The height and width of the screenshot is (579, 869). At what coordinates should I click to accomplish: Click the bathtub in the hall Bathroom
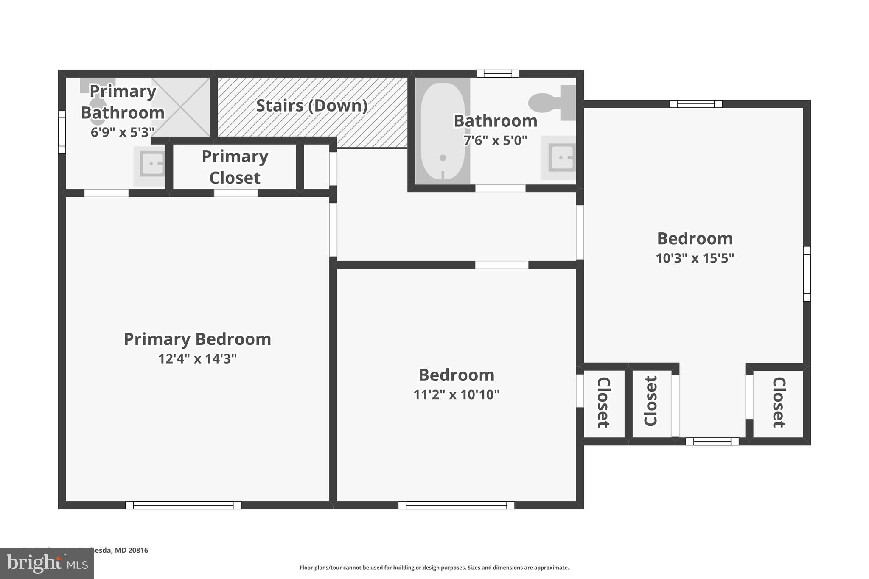[x=443, y=131]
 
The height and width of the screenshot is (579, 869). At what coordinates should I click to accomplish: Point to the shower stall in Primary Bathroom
[x=182, y=107]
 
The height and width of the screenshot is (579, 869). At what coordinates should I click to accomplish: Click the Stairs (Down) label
[x=312, y=106]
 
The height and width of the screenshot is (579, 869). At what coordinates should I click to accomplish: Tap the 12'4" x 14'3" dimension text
[x=197, y=359]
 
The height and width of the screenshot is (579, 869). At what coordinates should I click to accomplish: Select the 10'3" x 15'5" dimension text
[x=695, y=258]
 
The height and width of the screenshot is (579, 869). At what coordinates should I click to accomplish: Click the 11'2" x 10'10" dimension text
[x=456, y=394]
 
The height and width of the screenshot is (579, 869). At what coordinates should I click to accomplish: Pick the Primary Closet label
[x=235, y=167]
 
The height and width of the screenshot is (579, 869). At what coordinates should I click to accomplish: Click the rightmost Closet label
[x=779, y=402]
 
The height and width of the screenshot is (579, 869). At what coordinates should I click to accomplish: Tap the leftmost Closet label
[x=603, y=402]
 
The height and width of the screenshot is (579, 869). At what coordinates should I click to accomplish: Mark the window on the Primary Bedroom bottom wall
[x=183, y=505]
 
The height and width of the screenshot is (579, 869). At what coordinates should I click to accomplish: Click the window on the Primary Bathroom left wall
[x=62, y=131]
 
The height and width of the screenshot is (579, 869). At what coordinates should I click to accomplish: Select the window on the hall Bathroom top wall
[x=498, y=74]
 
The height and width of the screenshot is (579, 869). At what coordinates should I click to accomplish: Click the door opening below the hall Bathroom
[x=500, y=188]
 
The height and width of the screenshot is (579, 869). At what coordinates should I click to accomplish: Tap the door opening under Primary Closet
[x=235, y=193]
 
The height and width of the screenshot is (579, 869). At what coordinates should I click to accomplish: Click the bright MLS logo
[x=47, y=564]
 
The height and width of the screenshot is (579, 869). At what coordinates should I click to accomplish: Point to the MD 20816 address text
[x=132, y=550]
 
